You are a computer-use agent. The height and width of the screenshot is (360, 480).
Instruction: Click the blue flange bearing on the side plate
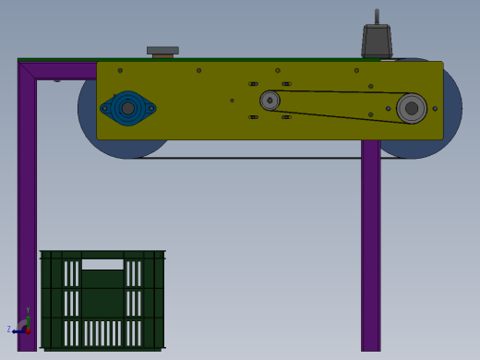(x=127, y=108)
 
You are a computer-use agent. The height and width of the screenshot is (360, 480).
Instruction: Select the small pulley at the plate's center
(x=270, y=101)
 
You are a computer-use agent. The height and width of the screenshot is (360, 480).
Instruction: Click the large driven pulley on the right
(x=412, y=108)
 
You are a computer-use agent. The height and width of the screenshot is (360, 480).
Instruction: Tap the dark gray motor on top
(x=377, y=41)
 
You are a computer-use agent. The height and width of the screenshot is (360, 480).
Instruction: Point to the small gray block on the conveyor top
(x=162, y=52)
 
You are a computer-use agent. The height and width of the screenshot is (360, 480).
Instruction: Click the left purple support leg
(x=27, y=212)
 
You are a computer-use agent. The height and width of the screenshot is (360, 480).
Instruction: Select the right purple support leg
(x=370, y=249)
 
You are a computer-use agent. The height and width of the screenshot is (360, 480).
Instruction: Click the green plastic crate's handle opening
(x=102, y=263)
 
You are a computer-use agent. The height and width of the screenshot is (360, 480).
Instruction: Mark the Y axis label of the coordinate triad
(x=28, y=311)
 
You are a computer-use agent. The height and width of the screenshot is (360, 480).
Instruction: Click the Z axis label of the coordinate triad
(x=9, y=330)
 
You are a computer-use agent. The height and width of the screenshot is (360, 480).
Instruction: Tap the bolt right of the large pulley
(x=435, y=109)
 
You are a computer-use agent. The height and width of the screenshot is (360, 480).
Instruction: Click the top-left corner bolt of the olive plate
(x=120, y=70)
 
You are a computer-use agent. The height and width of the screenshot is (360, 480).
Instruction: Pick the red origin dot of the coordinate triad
(x=28, y=330)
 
